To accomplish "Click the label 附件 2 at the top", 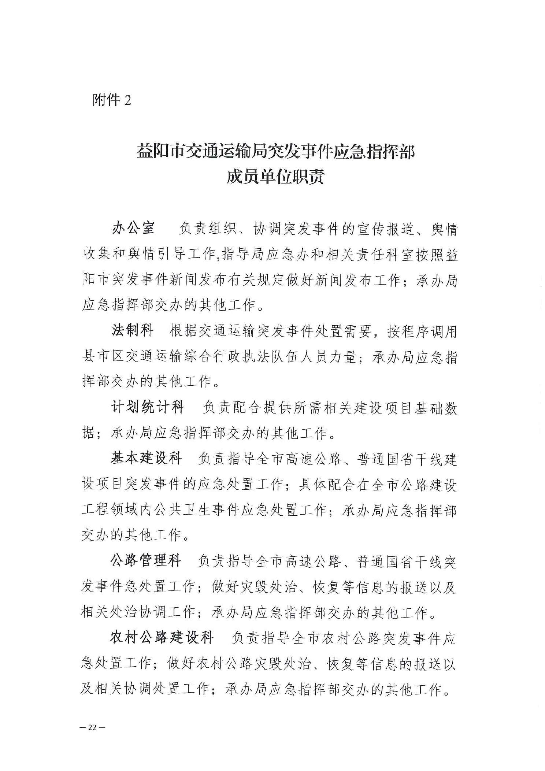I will [x=112, y=100].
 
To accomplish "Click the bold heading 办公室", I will [x=133, y=228].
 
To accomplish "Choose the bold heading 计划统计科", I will [x=148, y=407].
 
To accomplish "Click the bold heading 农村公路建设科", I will [x=162, y=637].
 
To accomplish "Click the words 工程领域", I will [x=110, y=510].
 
